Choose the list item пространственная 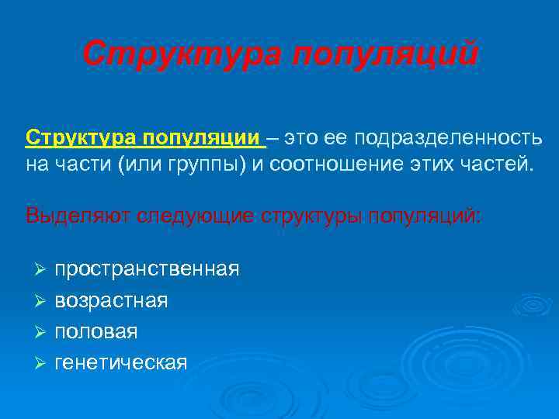147,269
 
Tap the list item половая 96,331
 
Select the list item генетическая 121,362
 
